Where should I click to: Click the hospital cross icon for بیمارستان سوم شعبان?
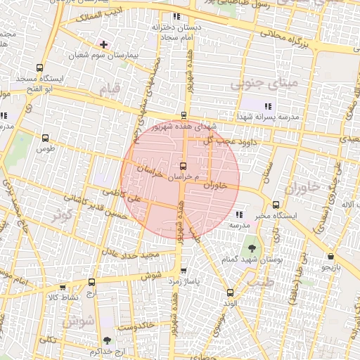105,44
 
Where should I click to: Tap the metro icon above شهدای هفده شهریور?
184,115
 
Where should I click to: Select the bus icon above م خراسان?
184,166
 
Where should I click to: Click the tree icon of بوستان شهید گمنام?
251,248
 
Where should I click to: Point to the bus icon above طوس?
46,139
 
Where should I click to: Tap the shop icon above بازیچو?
330,257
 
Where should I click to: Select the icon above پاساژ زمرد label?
184,270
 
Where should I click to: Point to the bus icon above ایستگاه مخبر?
275,205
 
